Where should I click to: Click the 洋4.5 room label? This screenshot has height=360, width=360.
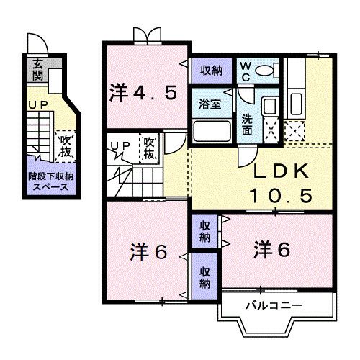(143, 93)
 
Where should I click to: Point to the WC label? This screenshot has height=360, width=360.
(245, 71)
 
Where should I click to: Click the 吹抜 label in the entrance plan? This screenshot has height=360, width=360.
(66, 143)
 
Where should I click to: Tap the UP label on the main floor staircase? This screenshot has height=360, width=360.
(120, 145)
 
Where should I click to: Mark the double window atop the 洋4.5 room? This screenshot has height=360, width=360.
(144, 34)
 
